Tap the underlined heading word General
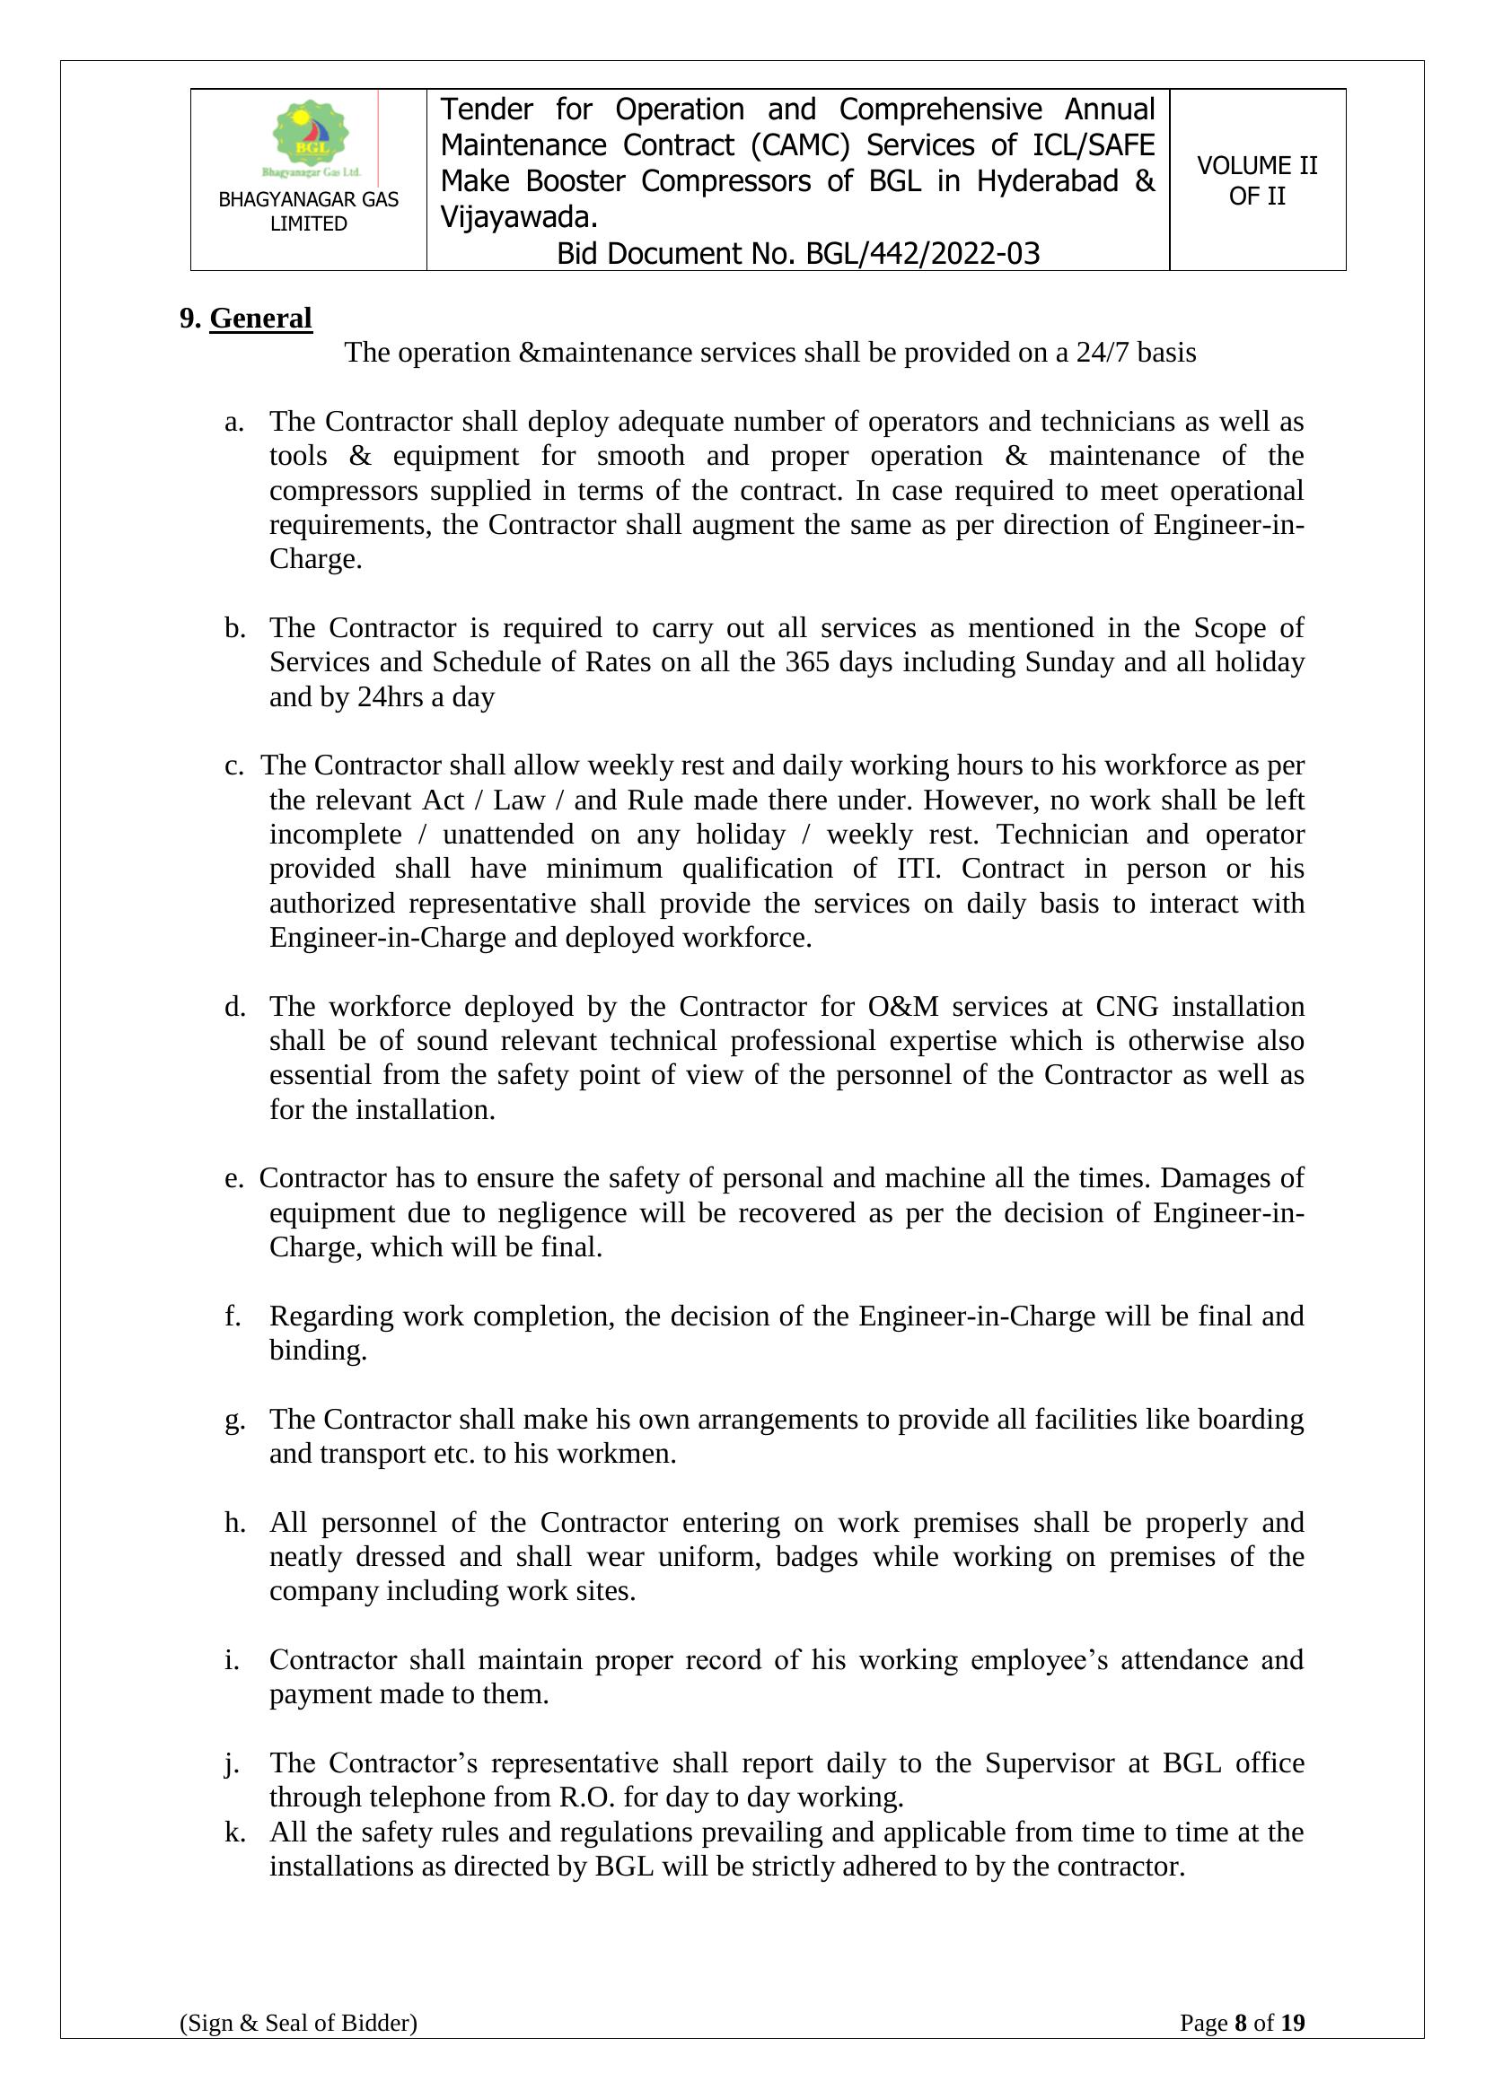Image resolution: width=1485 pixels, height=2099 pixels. click(260, 319)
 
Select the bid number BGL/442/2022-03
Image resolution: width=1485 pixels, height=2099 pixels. click(923, 253)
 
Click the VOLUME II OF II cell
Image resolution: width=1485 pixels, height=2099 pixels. click(1256, 180)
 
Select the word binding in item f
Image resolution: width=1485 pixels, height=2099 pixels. click(316, 1351)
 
